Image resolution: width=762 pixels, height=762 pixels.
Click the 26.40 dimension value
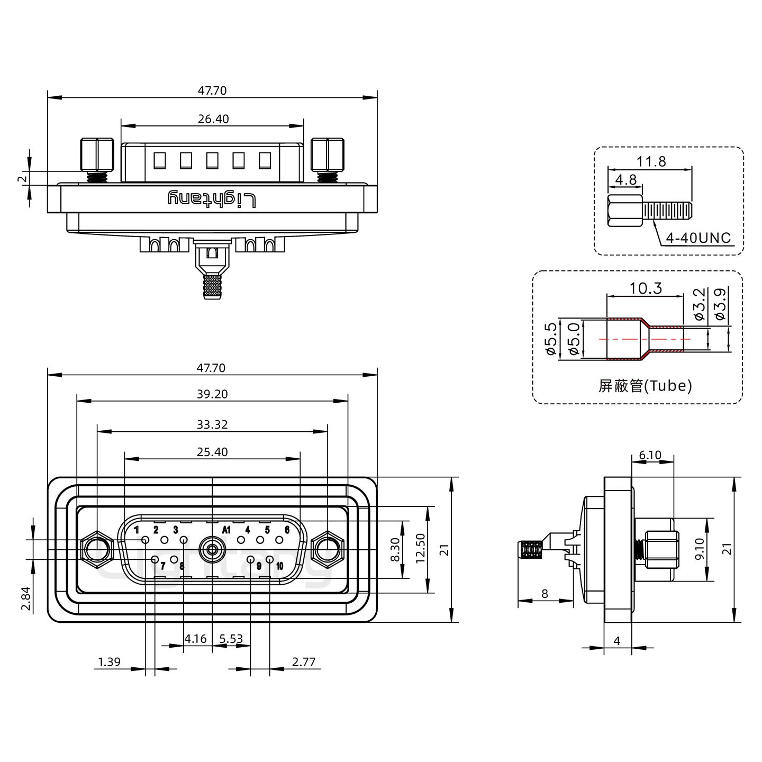(213, 119)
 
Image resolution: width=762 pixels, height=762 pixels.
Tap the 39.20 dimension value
(212, 394)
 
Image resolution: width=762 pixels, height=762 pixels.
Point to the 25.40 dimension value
(212, 452)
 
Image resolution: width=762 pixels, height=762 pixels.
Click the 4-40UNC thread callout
(698, 239)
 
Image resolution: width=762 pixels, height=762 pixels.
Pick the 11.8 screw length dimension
(651, 161)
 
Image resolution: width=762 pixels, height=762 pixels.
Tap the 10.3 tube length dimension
(646, 288)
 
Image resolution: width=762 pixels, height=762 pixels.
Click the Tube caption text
(645, 386)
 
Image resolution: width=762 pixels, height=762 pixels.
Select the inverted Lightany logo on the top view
(212, 199)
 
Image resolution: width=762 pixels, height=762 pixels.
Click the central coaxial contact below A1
(212, 550)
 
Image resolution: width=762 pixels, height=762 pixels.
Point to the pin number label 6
(287, 530)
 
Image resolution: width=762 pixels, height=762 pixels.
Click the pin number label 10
(279, 566)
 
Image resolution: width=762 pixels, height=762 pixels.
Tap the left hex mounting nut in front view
(97, 550)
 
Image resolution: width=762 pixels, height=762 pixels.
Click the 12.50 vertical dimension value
(421, 549)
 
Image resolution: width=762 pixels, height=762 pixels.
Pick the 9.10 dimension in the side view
(699, 549)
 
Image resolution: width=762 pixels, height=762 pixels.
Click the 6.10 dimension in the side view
(650, 455)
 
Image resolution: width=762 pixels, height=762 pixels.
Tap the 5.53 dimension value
(231, 639)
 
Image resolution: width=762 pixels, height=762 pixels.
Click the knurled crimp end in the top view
(212, 286)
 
